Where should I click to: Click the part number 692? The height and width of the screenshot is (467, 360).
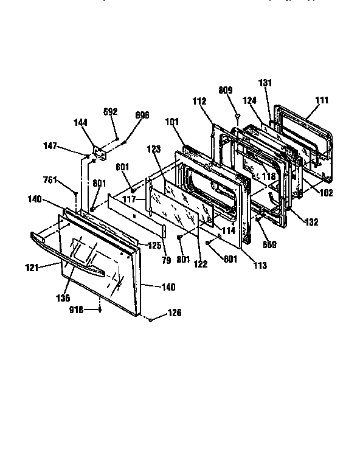pos(110,112)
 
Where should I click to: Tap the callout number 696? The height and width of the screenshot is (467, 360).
pos(142,115)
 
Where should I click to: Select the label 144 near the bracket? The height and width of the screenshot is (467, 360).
pos(80,122)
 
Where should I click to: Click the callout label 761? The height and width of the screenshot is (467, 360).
pos(50,179)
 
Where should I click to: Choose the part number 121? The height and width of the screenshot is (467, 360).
pos(32,267)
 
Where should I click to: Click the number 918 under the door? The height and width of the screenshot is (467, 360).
pos(77,310)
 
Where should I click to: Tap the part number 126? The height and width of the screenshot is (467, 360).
pos(175,314)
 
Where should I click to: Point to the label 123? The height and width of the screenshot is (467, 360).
pos(153,149)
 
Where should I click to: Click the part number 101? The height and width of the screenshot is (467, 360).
pos(172,122)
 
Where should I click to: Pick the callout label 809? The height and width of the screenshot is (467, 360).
pos(225,91)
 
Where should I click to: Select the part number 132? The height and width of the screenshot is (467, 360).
pos(311,223)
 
